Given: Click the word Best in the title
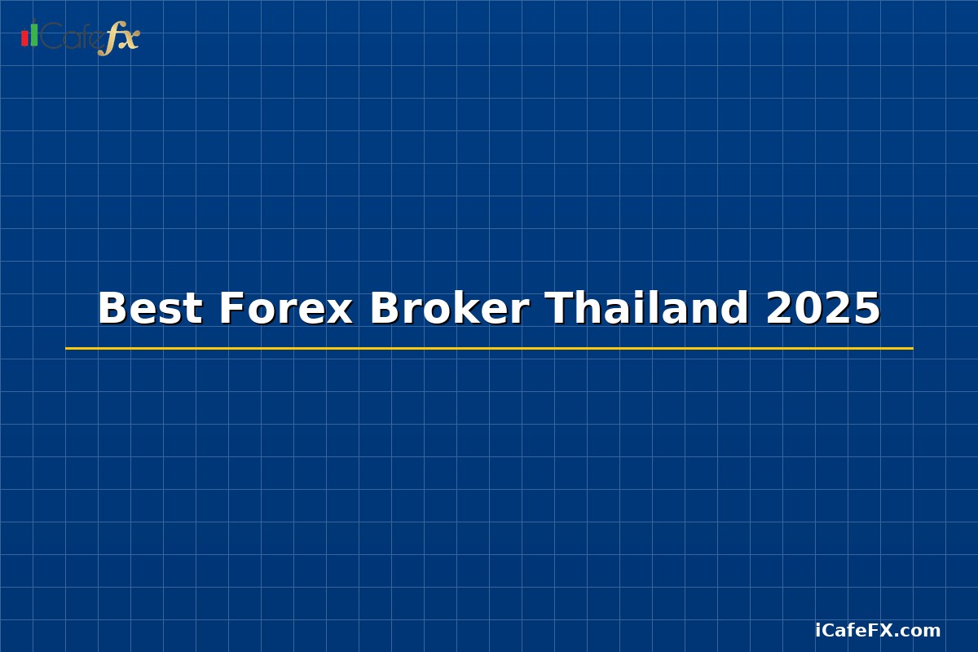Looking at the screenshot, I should pyautogui.click(x=150, y=309).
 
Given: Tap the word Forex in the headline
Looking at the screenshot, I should pyautogui.click(x=285, y=309).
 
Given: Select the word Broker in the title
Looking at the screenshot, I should pyautogui.click(x=449, y=309).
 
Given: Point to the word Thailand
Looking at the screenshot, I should pyautogui.click(x=646, y=309).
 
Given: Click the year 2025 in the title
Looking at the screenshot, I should pyautogui.click(x=823, y=309).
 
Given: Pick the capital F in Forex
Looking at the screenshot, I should pyautogui.click(x=231, y=309).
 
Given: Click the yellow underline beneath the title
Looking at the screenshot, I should pyautogui.click(x=489, y=348).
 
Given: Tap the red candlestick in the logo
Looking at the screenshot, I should pyautogui.click(x=24, y=37).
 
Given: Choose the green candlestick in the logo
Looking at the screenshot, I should pyautogui.click(x=33, y=33).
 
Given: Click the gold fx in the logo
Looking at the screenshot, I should pyautogui.click(x=119, y=39).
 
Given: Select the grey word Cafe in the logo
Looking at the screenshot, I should pyautogui.click(x=71, y=37).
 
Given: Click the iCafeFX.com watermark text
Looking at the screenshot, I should pyautogui.click(x=878, y=630).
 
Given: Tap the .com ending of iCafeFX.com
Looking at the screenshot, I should pyautogui.click(x=920, y=631).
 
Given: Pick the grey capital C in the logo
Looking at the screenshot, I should pyautogui.click(x=51, y=37).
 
